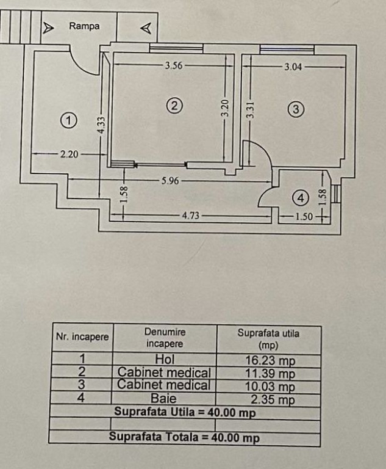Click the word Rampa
pos(84,26)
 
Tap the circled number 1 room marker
pos(70,120)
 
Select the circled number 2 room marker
pos(174,106)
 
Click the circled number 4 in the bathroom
pos(299,198)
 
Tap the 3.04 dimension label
pos(293,67)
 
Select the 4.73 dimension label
pos(192,215)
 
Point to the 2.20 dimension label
pos(69,155)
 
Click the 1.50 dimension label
pos(303,216)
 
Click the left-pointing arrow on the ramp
pos(146,28)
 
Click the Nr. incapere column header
pos(82,337)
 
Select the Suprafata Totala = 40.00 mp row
pos(184,437)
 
